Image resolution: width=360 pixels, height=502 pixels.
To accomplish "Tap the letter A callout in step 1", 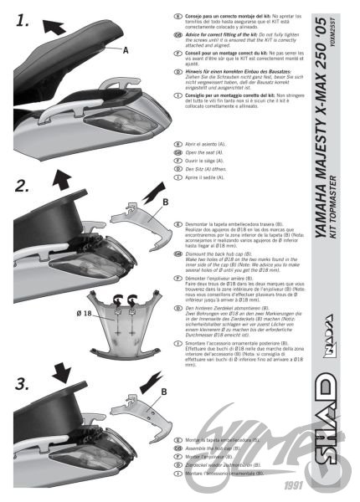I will tap(126, 51).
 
